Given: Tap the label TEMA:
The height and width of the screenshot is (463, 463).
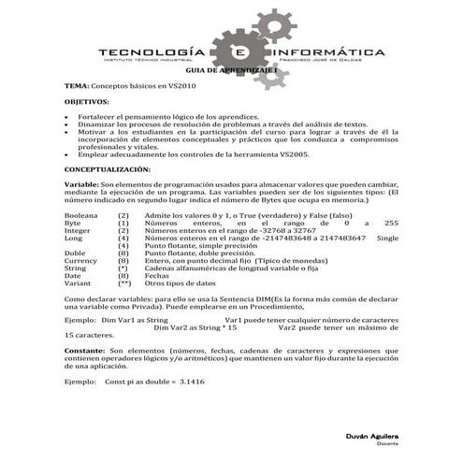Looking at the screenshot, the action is (76, 85).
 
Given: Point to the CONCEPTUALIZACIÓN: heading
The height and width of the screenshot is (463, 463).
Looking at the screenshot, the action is (106, 170).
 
